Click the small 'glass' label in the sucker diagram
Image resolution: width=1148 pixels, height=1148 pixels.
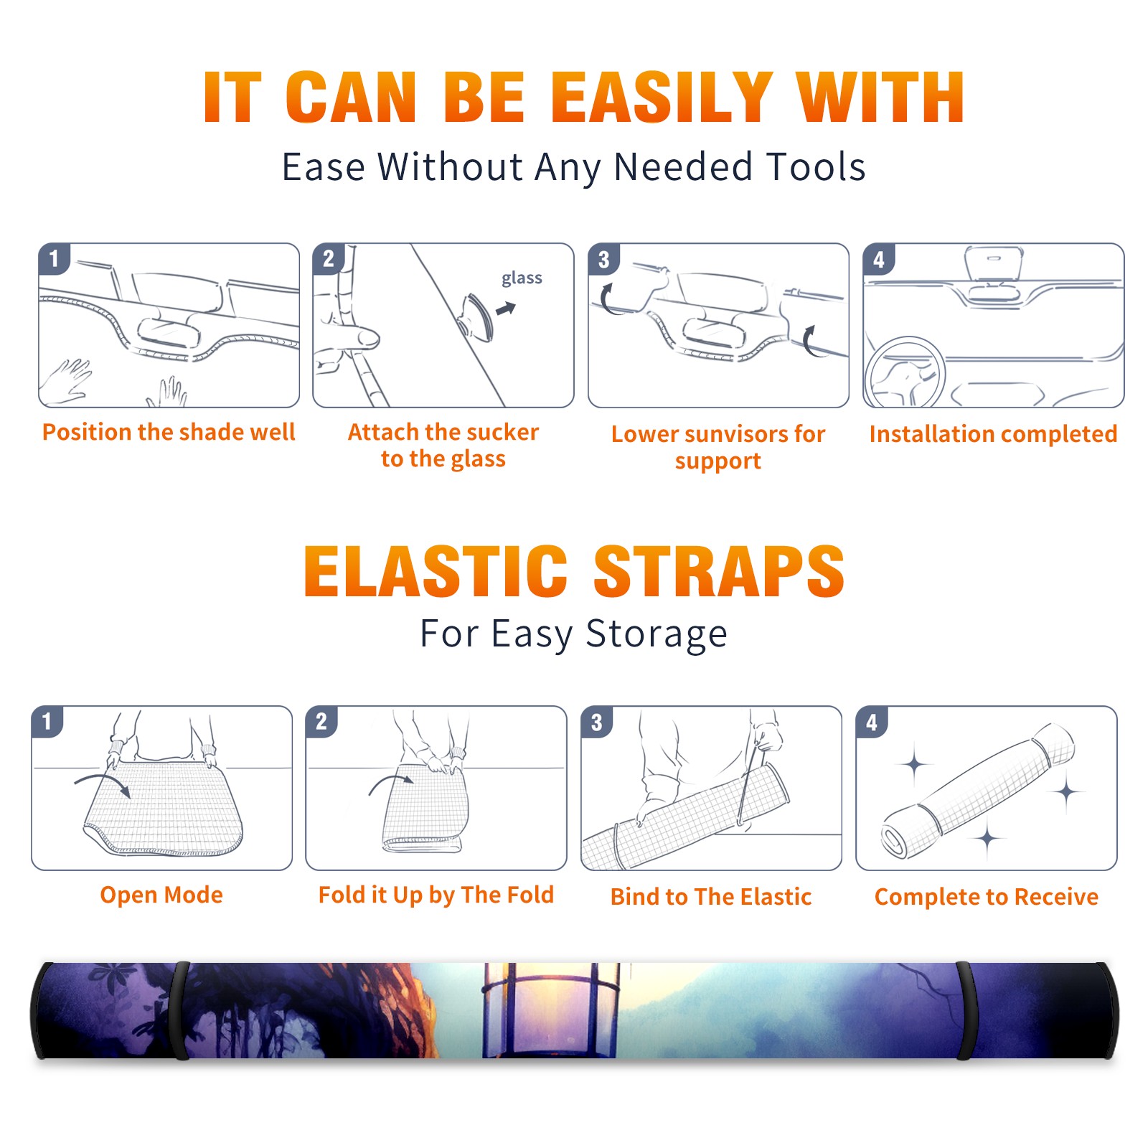522,278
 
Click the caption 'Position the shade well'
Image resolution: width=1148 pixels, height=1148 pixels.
169,432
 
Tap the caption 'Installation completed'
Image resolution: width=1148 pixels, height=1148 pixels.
993,434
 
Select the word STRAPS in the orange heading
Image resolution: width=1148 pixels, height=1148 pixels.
719,571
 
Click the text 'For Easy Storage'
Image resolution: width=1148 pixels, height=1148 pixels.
573,634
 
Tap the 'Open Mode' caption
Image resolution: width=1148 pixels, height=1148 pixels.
161,895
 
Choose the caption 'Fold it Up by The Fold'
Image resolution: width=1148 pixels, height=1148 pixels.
436,895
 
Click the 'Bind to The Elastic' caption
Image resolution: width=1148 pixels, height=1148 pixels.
711,897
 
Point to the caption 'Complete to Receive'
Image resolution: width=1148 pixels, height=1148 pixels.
987,897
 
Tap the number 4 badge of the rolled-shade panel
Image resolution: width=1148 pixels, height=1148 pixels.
872,722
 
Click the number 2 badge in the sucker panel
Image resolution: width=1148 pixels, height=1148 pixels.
329,259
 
